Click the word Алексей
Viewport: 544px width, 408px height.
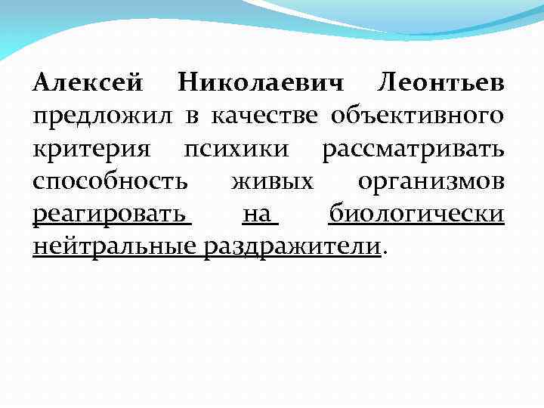click(88, 82)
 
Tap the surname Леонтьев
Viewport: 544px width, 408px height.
click(442, 82)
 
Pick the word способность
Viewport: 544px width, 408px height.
click(111, 182)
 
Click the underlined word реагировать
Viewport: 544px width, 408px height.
click(111, 215)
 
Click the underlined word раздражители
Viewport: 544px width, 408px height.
click(292, 248)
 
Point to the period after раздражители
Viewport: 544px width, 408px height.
click(387, 253)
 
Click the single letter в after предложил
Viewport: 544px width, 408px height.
click(193, 116)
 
